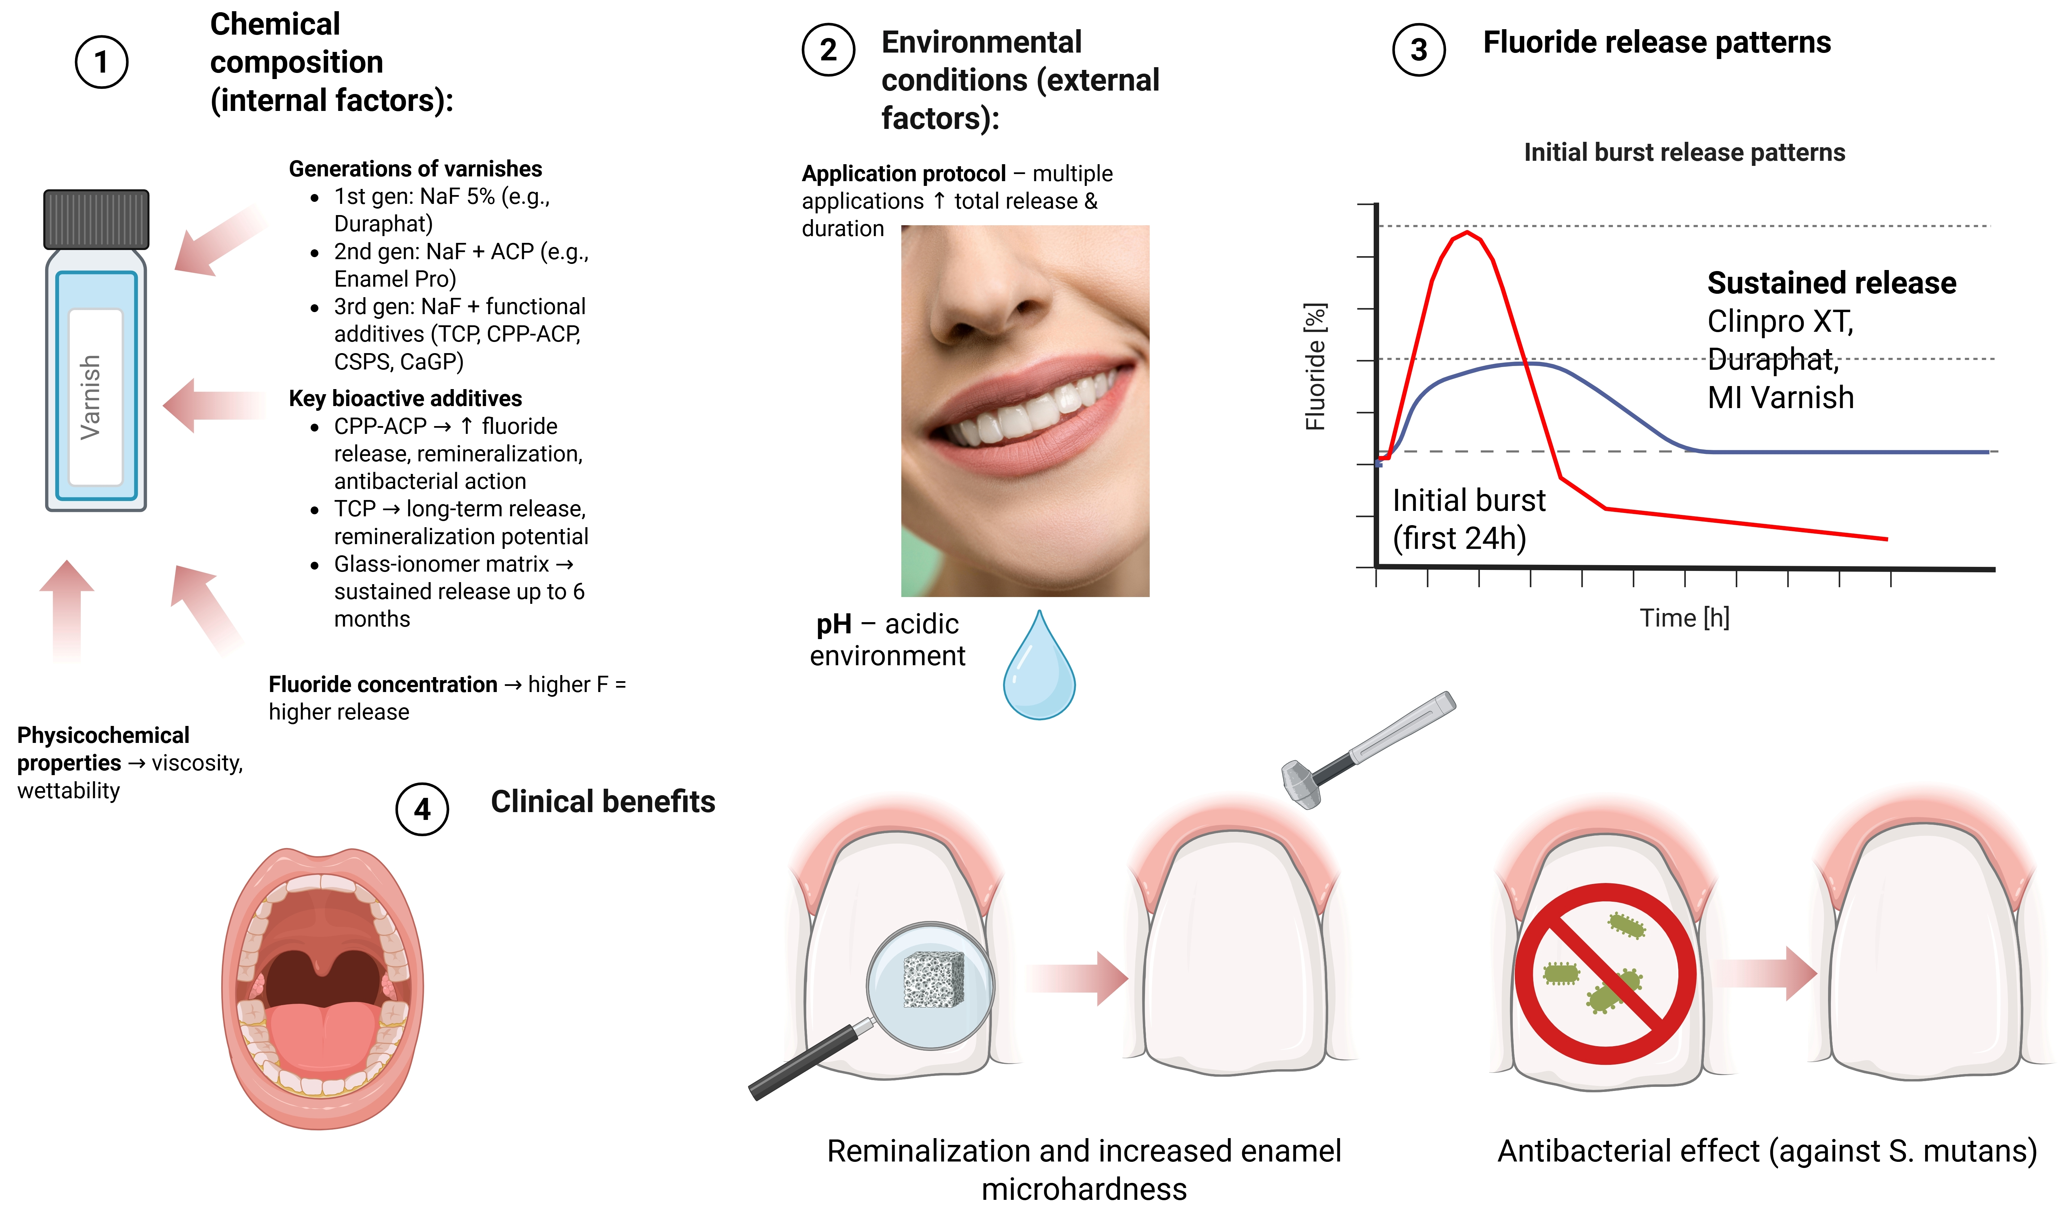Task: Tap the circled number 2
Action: [828, 50]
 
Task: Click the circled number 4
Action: [422, 809]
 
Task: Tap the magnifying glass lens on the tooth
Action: [930, 985]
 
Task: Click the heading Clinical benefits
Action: [603, 802]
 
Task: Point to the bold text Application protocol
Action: [903, 174]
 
